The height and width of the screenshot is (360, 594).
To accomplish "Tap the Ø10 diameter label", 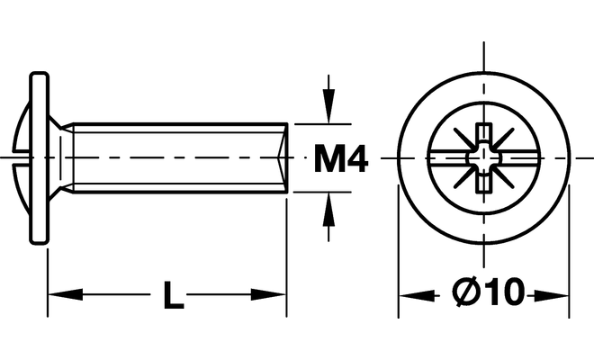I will point(489,293).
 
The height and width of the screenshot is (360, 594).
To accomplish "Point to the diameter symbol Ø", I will point(466,293).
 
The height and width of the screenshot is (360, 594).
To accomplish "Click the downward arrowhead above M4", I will point(329,112).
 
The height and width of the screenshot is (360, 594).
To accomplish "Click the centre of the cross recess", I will point(484,158).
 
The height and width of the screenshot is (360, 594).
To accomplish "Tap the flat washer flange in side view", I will point(39,158).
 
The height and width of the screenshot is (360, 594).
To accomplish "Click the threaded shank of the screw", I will point(180,158).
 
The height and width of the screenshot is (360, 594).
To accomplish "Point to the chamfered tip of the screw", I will point(284,158).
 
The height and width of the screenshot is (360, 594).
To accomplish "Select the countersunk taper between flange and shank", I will point(59,158).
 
